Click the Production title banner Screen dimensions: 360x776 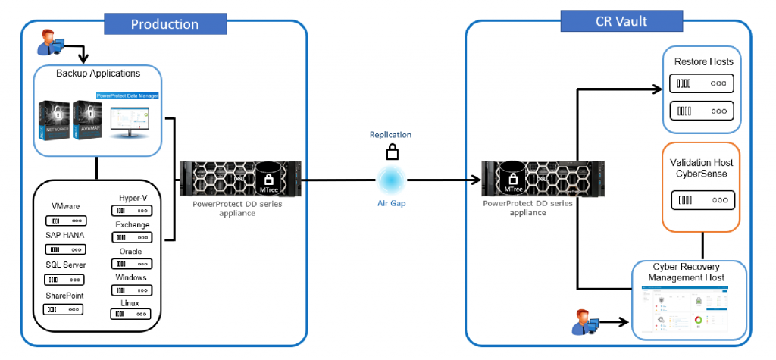pyautogui.click(x=164, y=23)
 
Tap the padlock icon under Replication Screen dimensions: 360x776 pyautogui.click(x=392, y=152)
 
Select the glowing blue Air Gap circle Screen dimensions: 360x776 pyautogui.click(x=392, y=180)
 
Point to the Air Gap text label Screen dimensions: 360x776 pyautogui.click(x=391, y=203)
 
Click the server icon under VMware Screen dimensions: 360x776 pyautogui.click(x=64, y=221)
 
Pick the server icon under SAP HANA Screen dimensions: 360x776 pyautogui.click(x=64, y=249)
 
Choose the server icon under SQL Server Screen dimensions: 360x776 pyautogui.click(x=64, y=280)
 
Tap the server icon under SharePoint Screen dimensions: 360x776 pyautogui.click(x=64, y=309)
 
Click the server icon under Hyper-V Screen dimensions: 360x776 pyautogui.click(x=133, y=210)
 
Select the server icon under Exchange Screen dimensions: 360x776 pyautogui.click(x=133, y=237)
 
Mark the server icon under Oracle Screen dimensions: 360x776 pyautogui.click(x=133, y=264)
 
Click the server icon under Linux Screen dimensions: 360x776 pyautogui.click(x=133, y=315)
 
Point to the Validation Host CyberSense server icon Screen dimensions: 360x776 pyautogui.click(x=702, y=200)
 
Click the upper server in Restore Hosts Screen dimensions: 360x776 pyautogui.click(x=702, y=83)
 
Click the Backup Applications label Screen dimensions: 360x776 pyautogui.click(x=98, y=74)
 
